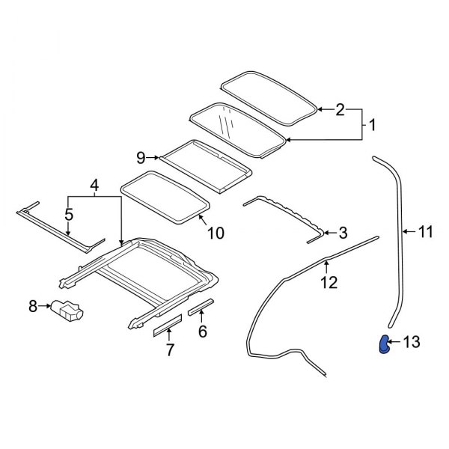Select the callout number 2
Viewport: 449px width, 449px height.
[x=340, y=110]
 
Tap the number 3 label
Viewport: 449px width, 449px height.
[x=343, y=233]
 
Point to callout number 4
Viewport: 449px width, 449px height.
[x=94, y=184]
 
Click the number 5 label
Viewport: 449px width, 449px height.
[x=68, y=216]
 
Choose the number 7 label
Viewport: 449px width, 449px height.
[x=171, y=349]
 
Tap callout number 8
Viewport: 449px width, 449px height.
[x=33, y=305]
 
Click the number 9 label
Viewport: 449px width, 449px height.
[x=140, y=157]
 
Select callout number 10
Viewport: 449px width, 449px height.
[x=215, y=233]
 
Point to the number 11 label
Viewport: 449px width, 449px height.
[x=425, y=232]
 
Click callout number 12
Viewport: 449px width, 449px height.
[x=329, y=282]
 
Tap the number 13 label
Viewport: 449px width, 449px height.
[x=412, y=342]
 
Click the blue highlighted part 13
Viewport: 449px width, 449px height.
[x=383, y=346]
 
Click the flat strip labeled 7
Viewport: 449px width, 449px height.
[x=168, y=323]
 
